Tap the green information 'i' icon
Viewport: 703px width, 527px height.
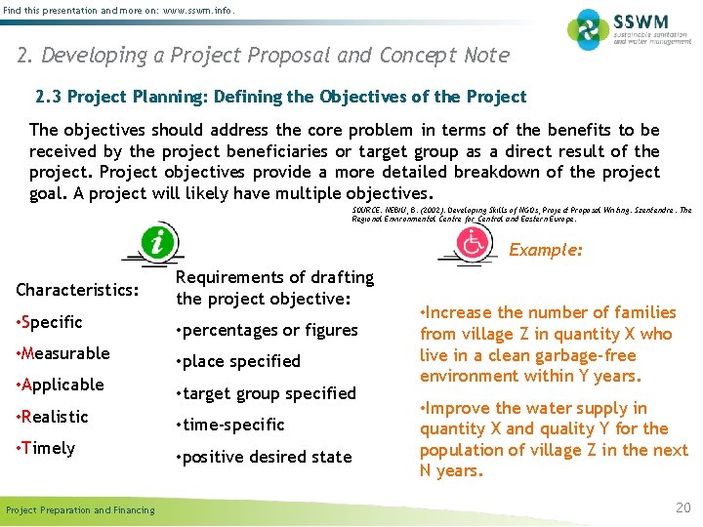155,242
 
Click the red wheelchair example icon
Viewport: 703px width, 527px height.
475,244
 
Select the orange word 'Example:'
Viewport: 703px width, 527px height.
546,250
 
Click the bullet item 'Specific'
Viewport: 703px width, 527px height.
50,322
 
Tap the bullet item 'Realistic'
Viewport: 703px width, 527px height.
53,417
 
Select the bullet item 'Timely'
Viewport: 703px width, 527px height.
46,448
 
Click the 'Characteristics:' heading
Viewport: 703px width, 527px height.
77,290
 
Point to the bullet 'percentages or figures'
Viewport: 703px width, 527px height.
267,330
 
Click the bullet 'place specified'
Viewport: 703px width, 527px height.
238,361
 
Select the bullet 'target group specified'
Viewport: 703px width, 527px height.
266,393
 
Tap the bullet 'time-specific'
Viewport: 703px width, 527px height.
230,425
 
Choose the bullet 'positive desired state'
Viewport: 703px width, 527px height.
264,457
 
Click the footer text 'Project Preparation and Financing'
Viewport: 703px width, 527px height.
80,509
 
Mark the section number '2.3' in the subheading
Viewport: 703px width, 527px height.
49,97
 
